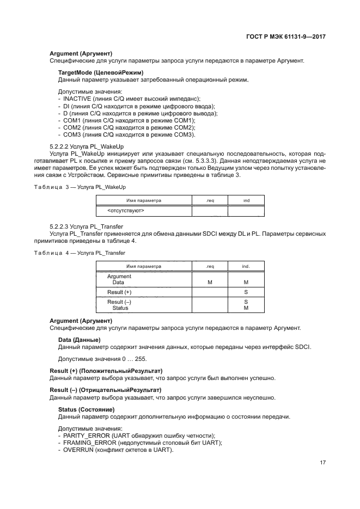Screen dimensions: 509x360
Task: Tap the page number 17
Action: pos(322,463)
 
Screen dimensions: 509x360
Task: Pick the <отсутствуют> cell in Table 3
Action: pos(126,210)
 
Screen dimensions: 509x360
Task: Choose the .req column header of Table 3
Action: pos(210,201)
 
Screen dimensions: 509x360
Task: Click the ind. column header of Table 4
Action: pos(246,267)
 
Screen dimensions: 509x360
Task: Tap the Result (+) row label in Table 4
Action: pos(119,292)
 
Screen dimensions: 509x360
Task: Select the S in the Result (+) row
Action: pos(246,292)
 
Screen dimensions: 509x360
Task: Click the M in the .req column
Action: pos(210,283)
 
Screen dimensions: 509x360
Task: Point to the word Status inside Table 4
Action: pos(120,308)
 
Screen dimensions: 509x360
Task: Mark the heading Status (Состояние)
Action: pos(86,409)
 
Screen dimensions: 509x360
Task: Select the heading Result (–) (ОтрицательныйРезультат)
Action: pos(105,390)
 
